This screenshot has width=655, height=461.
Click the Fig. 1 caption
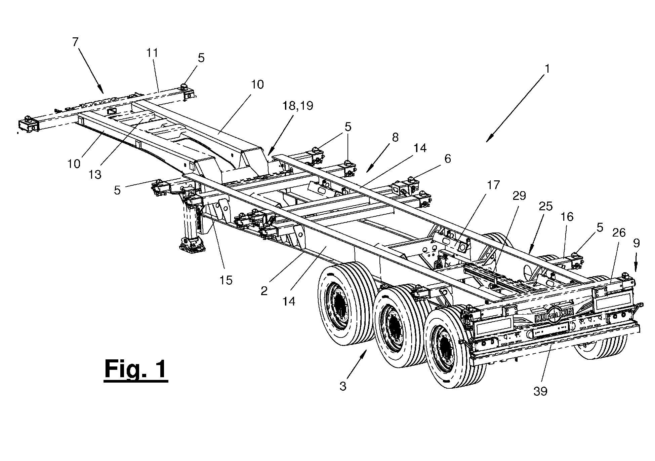pyautogui.click(x=136, y=370)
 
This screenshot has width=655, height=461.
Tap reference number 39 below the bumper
pyautogui.click(x=540, y=391)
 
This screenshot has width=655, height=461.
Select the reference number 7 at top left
pyautogui.click(x=75, y=42)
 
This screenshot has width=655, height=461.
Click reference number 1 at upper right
pyautogui.click(x=547, y=69)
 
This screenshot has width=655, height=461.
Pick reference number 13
pyautogui.click(x=95, y=174)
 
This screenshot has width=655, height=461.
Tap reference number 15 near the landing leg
pyautogui.click(x=226, y=280)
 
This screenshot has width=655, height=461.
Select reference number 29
pyautogui.click(x=519, y=196)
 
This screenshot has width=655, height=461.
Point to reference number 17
pyautogui.click(x=493, y=185)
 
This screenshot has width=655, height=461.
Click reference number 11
pyautogui.click(x=152, y=53)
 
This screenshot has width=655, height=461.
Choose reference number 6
pyautogui.click(x=448, y=158)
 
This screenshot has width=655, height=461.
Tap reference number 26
pyautogui.click(x=619, y=233)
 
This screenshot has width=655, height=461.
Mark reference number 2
pyautogui.click(x=264, y=291)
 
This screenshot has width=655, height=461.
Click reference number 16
pyautogui.click(x=567, y=217)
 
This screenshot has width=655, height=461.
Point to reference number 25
pyautogui.click(x=545, y=206)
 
